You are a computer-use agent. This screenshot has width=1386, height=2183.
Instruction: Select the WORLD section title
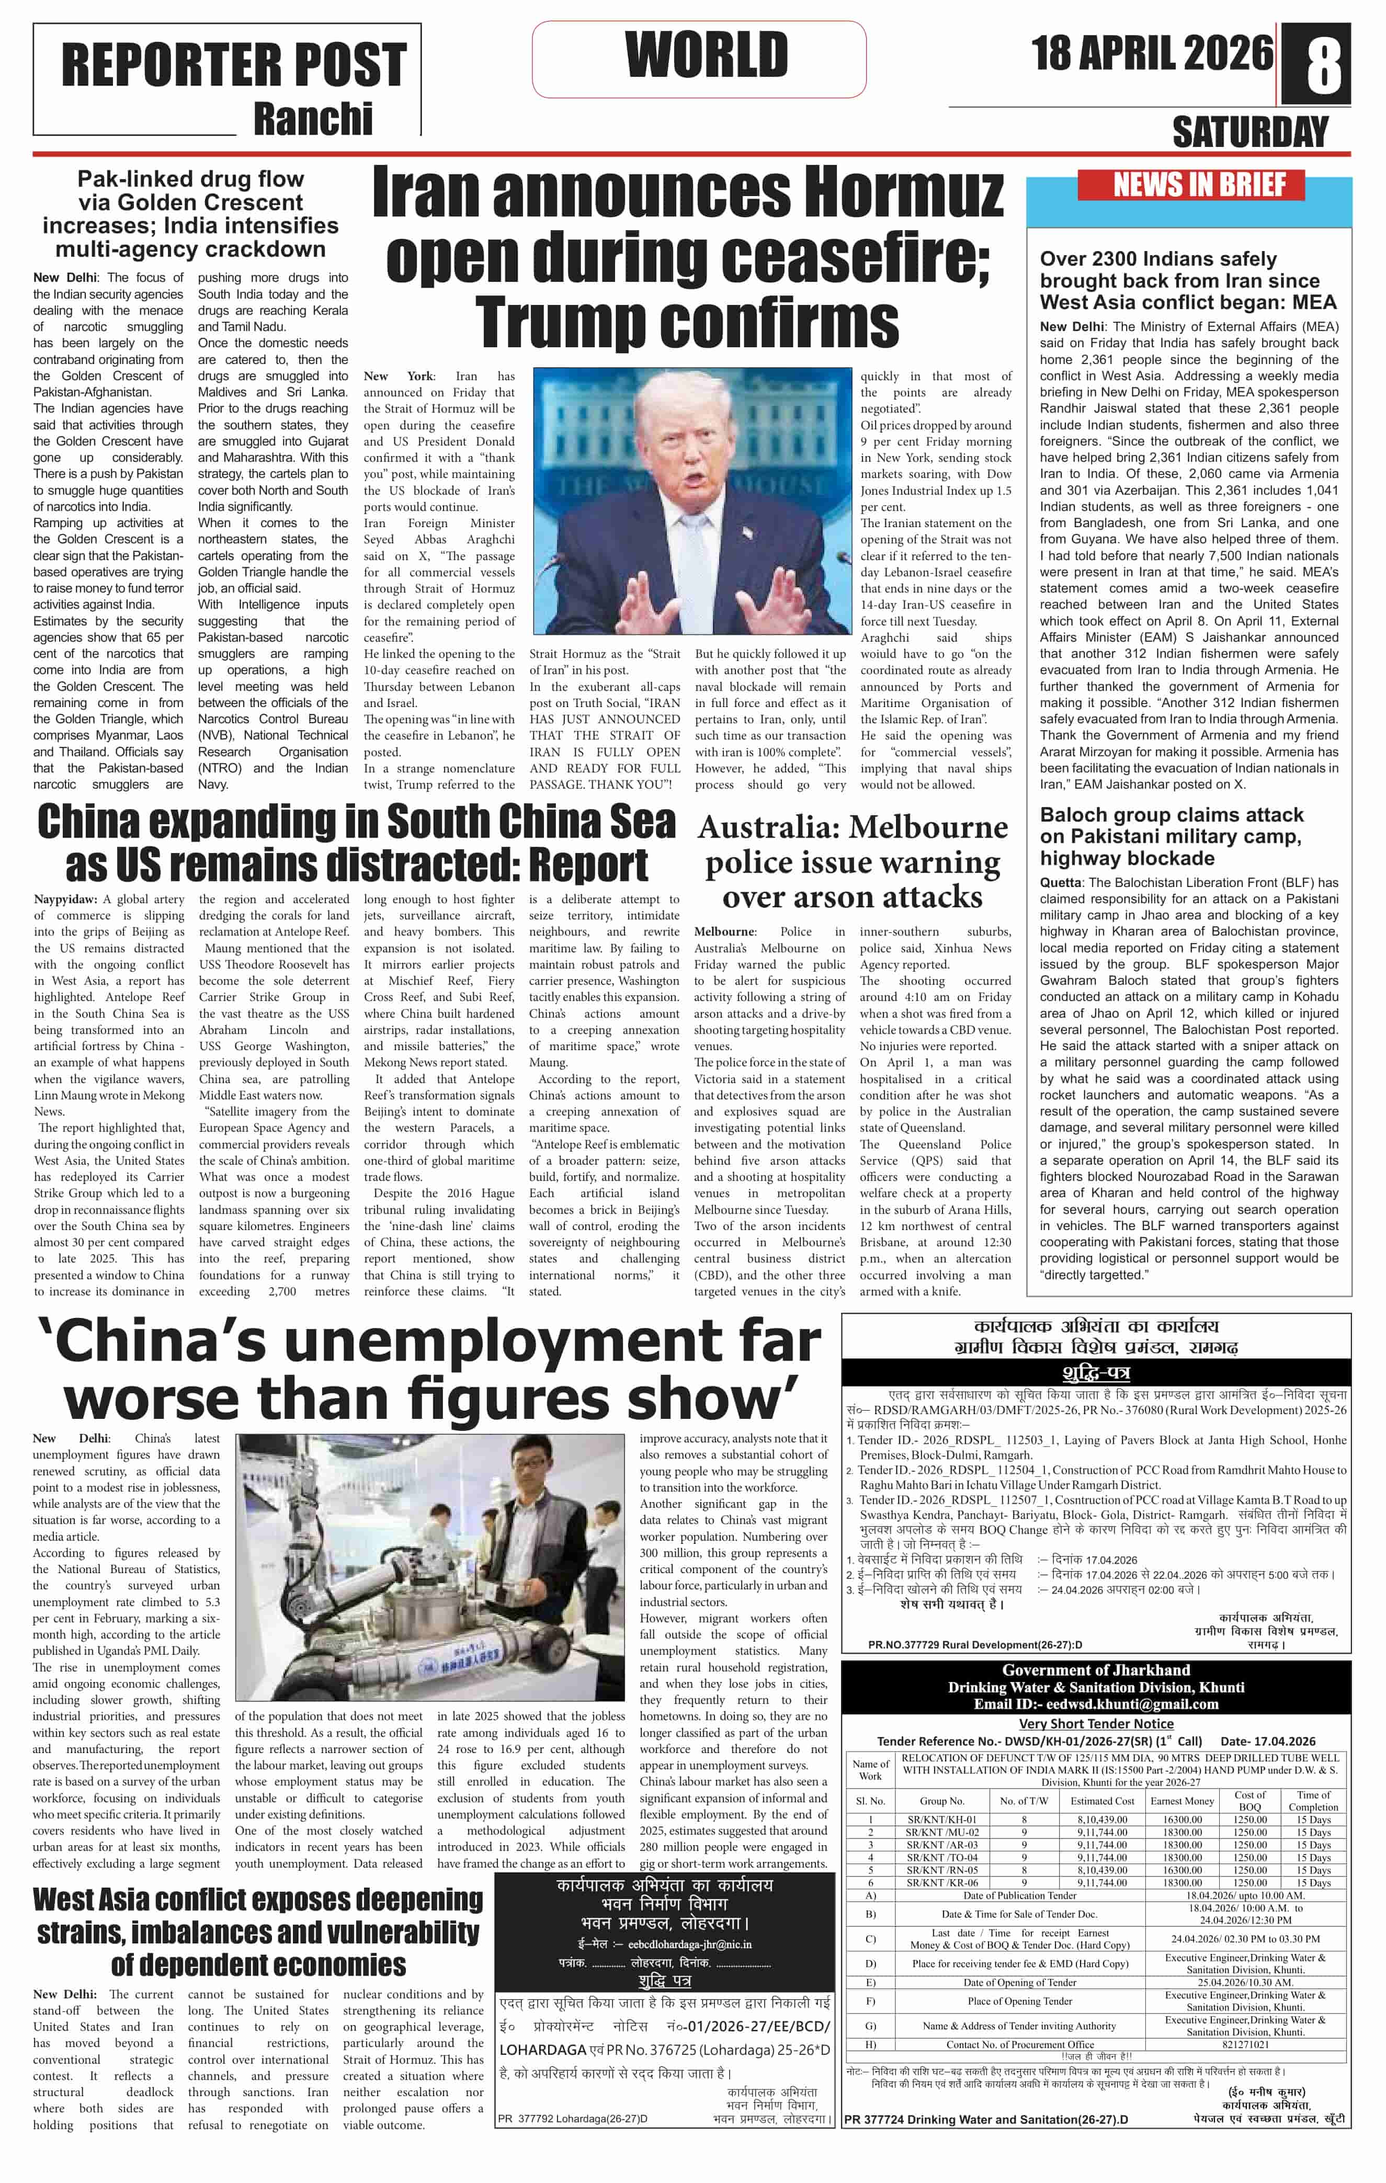706,56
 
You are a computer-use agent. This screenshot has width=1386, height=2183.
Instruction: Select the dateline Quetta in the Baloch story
1061,882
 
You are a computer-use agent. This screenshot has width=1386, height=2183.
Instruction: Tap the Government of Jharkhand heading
1095,1670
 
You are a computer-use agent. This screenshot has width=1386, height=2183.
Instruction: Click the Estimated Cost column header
1101,1801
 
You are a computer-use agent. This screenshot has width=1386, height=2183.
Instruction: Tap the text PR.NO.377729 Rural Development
974,1644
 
